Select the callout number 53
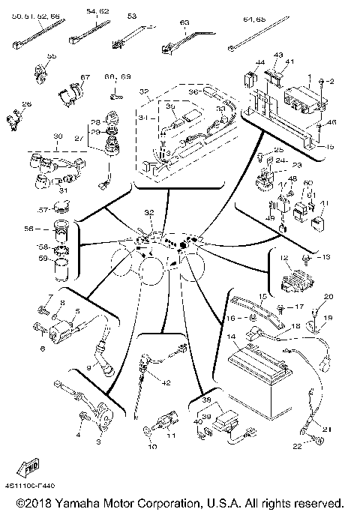click(132, 16)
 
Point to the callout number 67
click(85, 77)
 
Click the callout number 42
click(166, 383)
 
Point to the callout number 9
click(88, 367)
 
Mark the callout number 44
click(261, 61)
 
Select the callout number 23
click(298, 166)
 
